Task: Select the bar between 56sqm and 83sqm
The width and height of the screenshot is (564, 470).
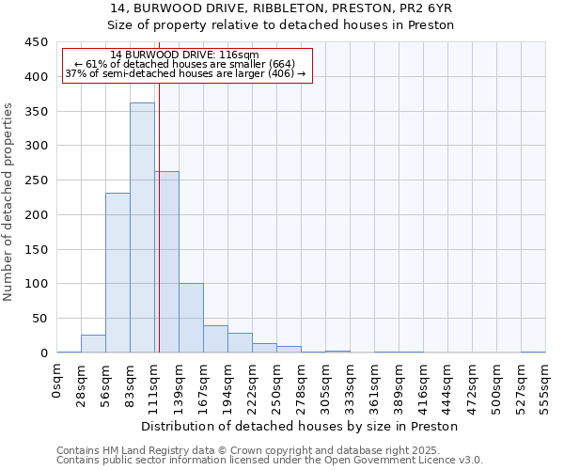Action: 117,273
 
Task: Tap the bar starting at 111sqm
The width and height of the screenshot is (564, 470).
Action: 166,262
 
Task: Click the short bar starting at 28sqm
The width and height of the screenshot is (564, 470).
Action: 93,344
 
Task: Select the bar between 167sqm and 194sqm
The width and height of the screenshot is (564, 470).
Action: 215,339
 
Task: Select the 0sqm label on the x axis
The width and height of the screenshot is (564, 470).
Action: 57,379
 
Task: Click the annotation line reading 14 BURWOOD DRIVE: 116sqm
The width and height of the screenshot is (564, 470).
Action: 184,55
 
